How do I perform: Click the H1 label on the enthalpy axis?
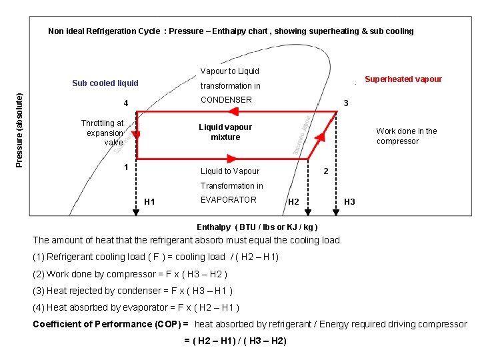(149, 202)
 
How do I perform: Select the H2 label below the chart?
(293, 202)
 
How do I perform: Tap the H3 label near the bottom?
(349, 202)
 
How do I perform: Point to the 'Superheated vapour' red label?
(403, 79)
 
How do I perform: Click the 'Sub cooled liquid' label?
(105, 83)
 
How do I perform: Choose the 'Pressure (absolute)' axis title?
(20, 129)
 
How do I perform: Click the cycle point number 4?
(126, 103)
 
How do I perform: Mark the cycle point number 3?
(345, 103)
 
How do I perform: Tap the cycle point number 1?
(125, 167)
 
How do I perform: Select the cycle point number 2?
(325, 171)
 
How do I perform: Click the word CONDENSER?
(226, 100)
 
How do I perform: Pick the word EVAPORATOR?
(228, 199)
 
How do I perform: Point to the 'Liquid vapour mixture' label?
(225, 132)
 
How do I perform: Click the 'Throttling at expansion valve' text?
(103, 133)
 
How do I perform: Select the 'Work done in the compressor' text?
(407, 136)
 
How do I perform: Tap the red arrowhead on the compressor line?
(321, 137)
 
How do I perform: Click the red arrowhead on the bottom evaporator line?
(232, 159)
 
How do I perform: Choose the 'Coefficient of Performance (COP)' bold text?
(110, 325)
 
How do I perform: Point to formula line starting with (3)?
(133, 291)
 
